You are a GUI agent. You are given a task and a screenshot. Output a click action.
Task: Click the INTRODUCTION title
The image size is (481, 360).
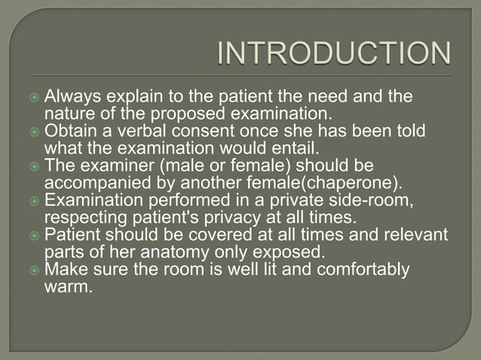tap(334, 54)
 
